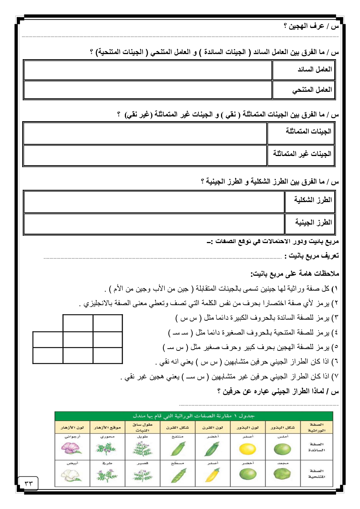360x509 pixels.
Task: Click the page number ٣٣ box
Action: pos(28,483)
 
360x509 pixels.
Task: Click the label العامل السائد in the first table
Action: pos(315,69)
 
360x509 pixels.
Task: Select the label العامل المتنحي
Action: pos(312,90)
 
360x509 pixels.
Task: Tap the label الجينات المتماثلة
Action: pos(308,131)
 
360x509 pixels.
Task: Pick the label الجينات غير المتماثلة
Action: pos(302,154)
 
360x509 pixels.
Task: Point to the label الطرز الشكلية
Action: pos(313,200)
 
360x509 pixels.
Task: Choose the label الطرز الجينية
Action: pos(314,222)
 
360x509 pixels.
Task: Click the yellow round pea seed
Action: pos(248,449)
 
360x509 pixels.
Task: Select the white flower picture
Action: pos(71,475)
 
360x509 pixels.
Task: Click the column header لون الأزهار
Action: pos(72,427)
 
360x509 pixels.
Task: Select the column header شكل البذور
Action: pos(283,427)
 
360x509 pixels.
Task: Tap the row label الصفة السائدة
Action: pos(316,447)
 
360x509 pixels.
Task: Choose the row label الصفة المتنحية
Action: pos(316,473)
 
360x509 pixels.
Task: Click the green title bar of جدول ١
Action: pos(193,416)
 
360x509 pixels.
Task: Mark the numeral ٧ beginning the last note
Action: pos(336,377)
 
